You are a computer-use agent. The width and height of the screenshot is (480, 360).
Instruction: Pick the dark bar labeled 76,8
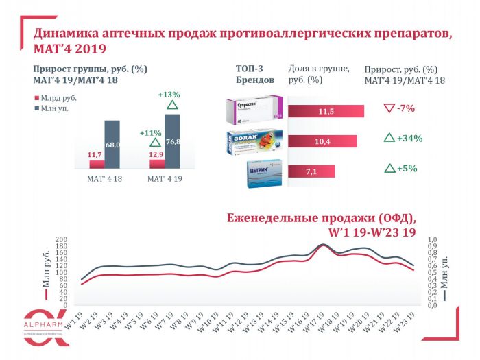tap(173, 141)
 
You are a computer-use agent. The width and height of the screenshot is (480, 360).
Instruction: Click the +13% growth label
tap(169, 95)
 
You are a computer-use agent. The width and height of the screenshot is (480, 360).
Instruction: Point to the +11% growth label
tap(150, 132)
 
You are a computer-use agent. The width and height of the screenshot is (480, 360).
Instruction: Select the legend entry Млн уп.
tap(54, 108)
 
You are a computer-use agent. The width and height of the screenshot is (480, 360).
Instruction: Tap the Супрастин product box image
tap(256, 110)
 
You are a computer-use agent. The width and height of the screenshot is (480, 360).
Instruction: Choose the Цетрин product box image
tap(265, 172)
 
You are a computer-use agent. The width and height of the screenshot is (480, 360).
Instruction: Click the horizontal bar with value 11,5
tap(326, 111)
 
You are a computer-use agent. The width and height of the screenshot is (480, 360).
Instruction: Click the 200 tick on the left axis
tap(60, 239)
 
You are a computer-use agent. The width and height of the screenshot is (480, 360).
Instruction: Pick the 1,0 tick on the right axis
tap(433, 239)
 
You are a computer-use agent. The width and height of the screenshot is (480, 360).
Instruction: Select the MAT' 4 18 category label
tap(104, 179)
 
